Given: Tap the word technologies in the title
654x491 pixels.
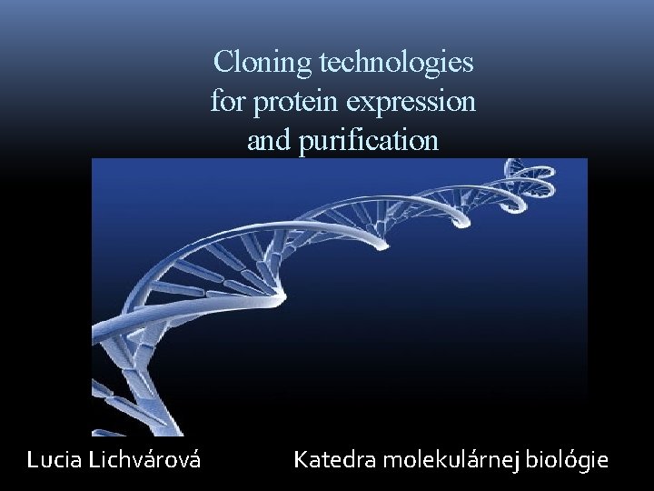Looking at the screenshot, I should click(x=397, y=63).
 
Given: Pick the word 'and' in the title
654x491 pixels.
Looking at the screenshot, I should click(x=264, y=140).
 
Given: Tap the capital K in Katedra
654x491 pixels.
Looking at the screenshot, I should click(x=300, y=461).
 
